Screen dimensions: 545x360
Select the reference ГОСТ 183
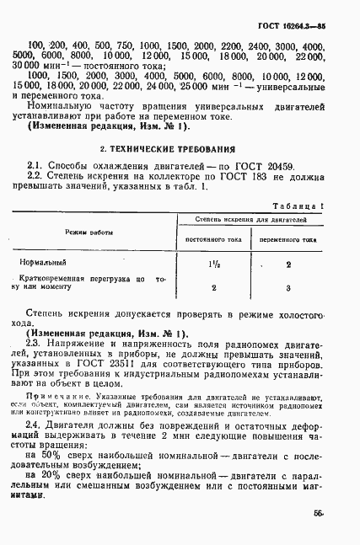[x=234, y=176]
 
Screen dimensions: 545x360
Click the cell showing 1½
[x=213, y=264]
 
